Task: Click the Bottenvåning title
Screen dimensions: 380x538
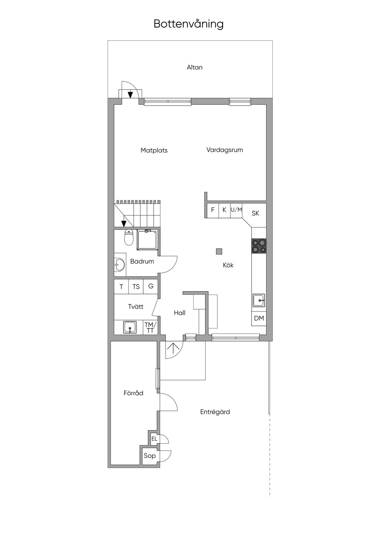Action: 189,24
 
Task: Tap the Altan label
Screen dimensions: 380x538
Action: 194,67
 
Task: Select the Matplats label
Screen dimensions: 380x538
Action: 154,150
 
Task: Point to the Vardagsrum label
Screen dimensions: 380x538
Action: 225,150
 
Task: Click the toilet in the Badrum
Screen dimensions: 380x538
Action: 129,237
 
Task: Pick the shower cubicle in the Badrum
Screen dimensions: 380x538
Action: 147,240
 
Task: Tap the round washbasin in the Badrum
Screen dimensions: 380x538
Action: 120,265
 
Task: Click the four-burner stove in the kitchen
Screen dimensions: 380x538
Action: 259,246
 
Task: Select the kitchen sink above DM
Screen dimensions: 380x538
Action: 259,300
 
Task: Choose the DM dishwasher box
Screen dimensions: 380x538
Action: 259,319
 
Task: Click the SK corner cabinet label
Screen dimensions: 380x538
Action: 255,213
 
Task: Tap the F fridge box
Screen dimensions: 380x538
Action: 213,210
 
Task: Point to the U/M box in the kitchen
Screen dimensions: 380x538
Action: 236,210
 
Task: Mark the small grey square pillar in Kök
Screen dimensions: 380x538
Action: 219,252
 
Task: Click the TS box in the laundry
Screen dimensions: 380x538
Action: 136,286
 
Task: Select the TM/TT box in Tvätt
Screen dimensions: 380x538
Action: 150,327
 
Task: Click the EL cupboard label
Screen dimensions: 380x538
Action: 154,439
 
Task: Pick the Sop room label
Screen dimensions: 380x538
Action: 150,456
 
